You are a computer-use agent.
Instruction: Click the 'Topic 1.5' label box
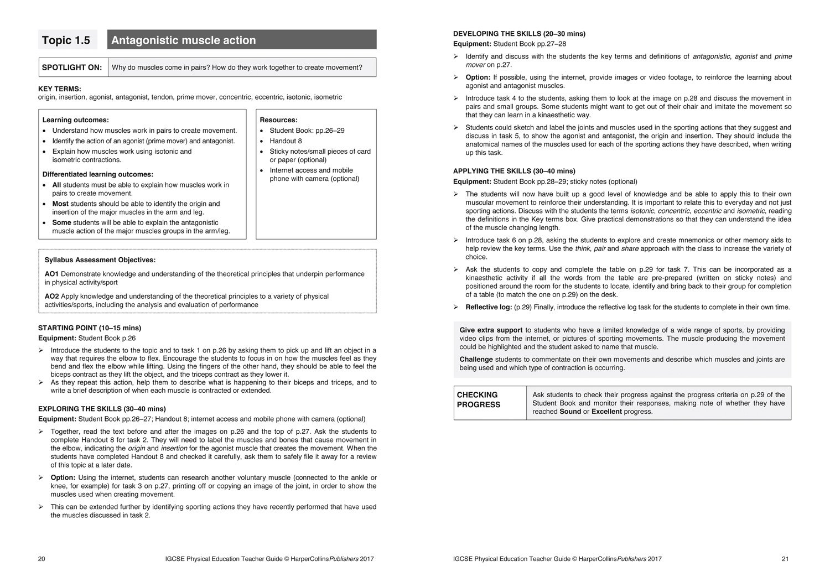point(68,40)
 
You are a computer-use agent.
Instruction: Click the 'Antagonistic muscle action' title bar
point(241,40)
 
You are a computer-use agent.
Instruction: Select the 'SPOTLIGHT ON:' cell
point(72,67)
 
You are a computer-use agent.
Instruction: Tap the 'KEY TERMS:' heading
point(60,89)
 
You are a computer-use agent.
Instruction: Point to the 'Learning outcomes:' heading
point(76,120)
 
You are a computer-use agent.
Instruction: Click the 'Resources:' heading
point(278,120)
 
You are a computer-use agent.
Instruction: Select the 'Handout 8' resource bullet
point(286,141)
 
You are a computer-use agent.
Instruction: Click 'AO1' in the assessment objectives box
point(51,274)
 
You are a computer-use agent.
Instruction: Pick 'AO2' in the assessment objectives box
point(51,297)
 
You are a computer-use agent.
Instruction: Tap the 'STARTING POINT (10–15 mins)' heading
point(90,328)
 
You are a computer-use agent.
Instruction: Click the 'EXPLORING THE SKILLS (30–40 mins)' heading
point(102,409)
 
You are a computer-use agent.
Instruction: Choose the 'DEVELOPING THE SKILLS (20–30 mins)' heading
point(519,34)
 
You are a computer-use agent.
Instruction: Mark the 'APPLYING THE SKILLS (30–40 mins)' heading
point(514,171)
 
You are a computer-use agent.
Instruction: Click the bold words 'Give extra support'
point(491,330)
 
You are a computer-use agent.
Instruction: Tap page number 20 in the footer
point(41,559)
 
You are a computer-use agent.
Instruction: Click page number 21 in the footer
point(785,559)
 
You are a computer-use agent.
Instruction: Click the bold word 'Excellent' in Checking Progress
point(606,412)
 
